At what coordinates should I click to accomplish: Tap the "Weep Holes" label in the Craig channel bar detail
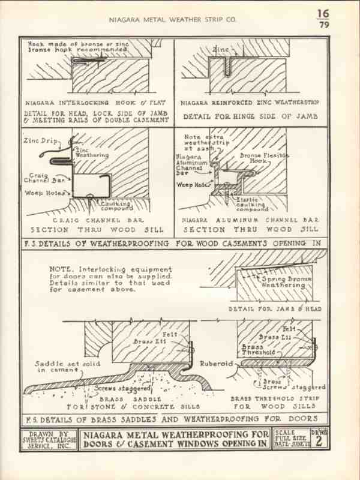40,193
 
